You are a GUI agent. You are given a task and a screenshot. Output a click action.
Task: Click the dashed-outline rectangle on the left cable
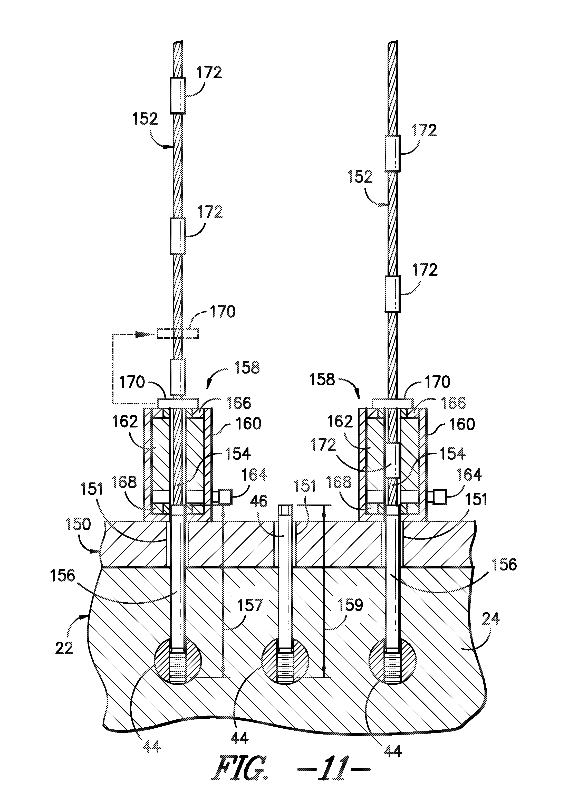pyautogui.click(x=178, y=334)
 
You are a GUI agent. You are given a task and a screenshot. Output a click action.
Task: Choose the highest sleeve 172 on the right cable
pyautogui.click(x=393, y=153)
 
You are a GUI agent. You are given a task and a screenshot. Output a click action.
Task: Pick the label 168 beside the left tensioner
pyautogui.click(x=127, y=483)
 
